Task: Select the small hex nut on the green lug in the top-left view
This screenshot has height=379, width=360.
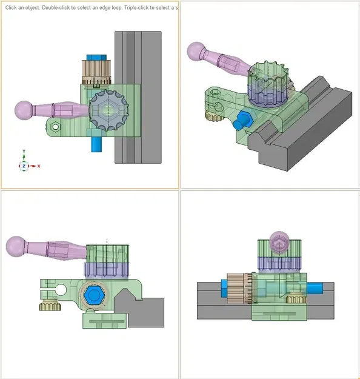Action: point(55,127)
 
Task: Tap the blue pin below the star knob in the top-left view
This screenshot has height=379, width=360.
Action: point(96,144)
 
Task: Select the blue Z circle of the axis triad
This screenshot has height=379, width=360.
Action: point(24,166)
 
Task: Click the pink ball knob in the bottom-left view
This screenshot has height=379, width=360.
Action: point(16,245)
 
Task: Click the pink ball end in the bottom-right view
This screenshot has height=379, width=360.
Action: point(279,242)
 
